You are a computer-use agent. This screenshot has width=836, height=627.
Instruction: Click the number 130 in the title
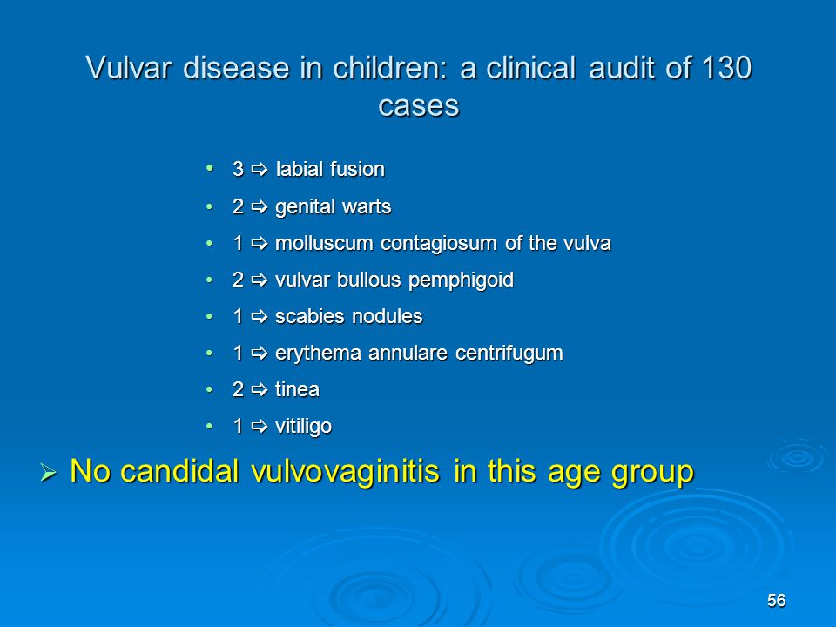[726, 68]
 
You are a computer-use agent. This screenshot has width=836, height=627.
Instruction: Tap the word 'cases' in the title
[419, 105]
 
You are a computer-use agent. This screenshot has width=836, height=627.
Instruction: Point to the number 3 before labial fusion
[238, 170]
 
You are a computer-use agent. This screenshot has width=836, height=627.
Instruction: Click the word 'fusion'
[357, 170]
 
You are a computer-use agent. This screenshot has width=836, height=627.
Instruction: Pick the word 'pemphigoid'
[461, 280]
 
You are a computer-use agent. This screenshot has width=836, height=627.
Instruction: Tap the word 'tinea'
[297, 390]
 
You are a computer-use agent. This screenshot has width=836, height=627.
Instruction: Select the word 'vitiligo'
[303, 427]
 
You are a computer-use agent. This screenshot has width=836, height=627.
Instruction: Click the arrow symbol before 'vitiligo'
[260, 427]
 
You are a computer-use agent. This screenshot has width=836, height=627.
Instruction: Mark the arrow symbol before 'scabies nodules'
[260, 317]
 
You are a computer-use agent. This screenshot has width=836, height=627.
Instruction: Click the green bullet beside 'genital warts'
[210, 206]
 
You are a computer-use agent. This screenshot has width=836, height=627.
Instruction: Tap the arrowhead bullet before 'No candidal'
[48, 472]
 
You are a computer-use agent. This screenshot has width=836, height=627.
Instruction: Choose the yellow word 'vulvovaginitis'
[345, 472]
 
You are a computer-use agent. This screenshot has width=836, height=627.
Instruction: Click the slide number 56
[776, 600]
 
